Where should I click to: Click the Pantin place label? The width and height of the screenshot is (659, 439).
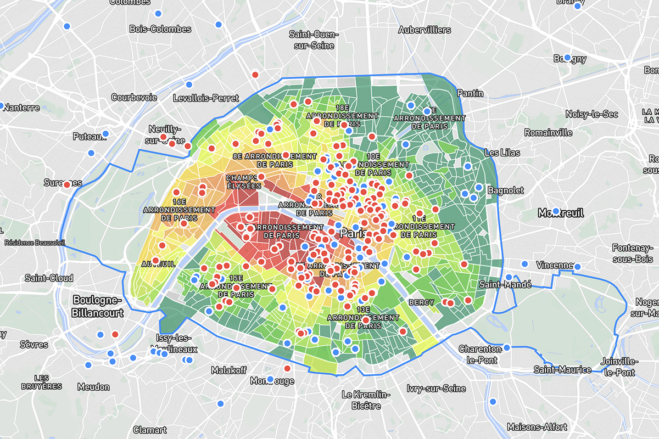[x=470, y=93]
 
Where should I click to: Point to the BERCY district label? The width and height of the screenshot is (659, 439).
[x=421, y=302]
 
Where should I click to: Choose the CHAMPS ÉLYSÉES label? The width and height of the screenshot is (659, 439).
[x=243, y=182]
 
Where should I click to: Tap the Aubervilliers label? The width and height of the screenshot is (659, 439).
[x=425, y=30]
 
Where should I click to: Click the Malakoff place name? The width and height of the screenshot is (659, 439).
[x=229, y=370]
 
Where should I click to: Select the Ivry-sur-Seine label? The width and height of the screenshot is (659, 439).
[x=436, y=389]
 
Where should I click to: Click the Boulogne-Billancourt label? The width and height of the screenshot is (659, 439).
[x=98, y=306]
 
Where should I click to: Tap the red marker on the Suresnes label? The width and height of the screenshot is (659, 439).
[x=67, y=184]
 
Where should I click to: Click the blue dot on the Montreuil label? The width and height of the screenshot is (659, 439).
[x=556, y=211]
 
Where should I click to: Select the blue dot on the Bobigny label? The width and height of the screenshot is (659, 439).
[x=567, y=58]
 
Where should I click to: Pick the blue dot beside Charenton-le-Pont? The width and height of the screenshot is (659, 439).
[x=507, y=347]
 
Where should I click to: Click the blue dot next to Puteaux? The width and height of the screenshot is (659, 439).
[x=105, y=134]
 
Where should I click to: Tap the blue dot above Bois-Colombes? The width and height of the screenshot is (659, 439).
[x=158, y=14]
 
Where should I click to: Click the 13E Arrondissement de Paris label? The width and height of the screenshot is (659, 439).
[x=363, y=322]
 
